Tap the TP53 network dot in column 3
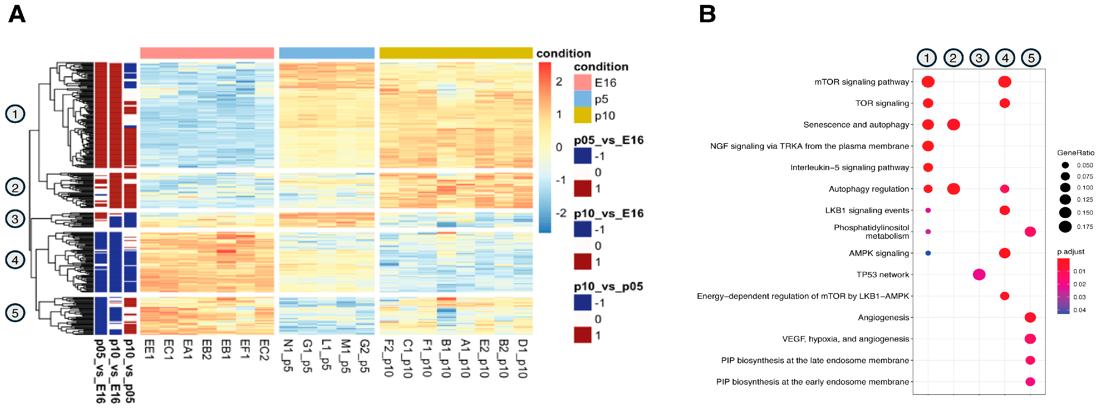(979, 275)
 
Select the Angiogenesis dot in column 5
(1030, 317)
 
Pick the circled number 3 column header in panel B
(979, 58)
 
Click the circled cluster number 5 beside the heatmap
(15, 313)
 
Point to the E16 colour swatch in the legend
(582, 82)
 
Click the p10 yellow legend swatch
(582, 115)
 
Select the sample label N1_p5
(288, 356)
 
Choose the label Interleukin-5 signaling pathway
(850, 168)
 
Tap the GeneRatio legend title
(1076, 153)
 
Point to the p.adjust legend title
(1070, 252)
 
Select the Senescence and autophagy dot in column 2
(953, 125)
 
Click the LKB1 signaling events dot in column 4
(1005, 210)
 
